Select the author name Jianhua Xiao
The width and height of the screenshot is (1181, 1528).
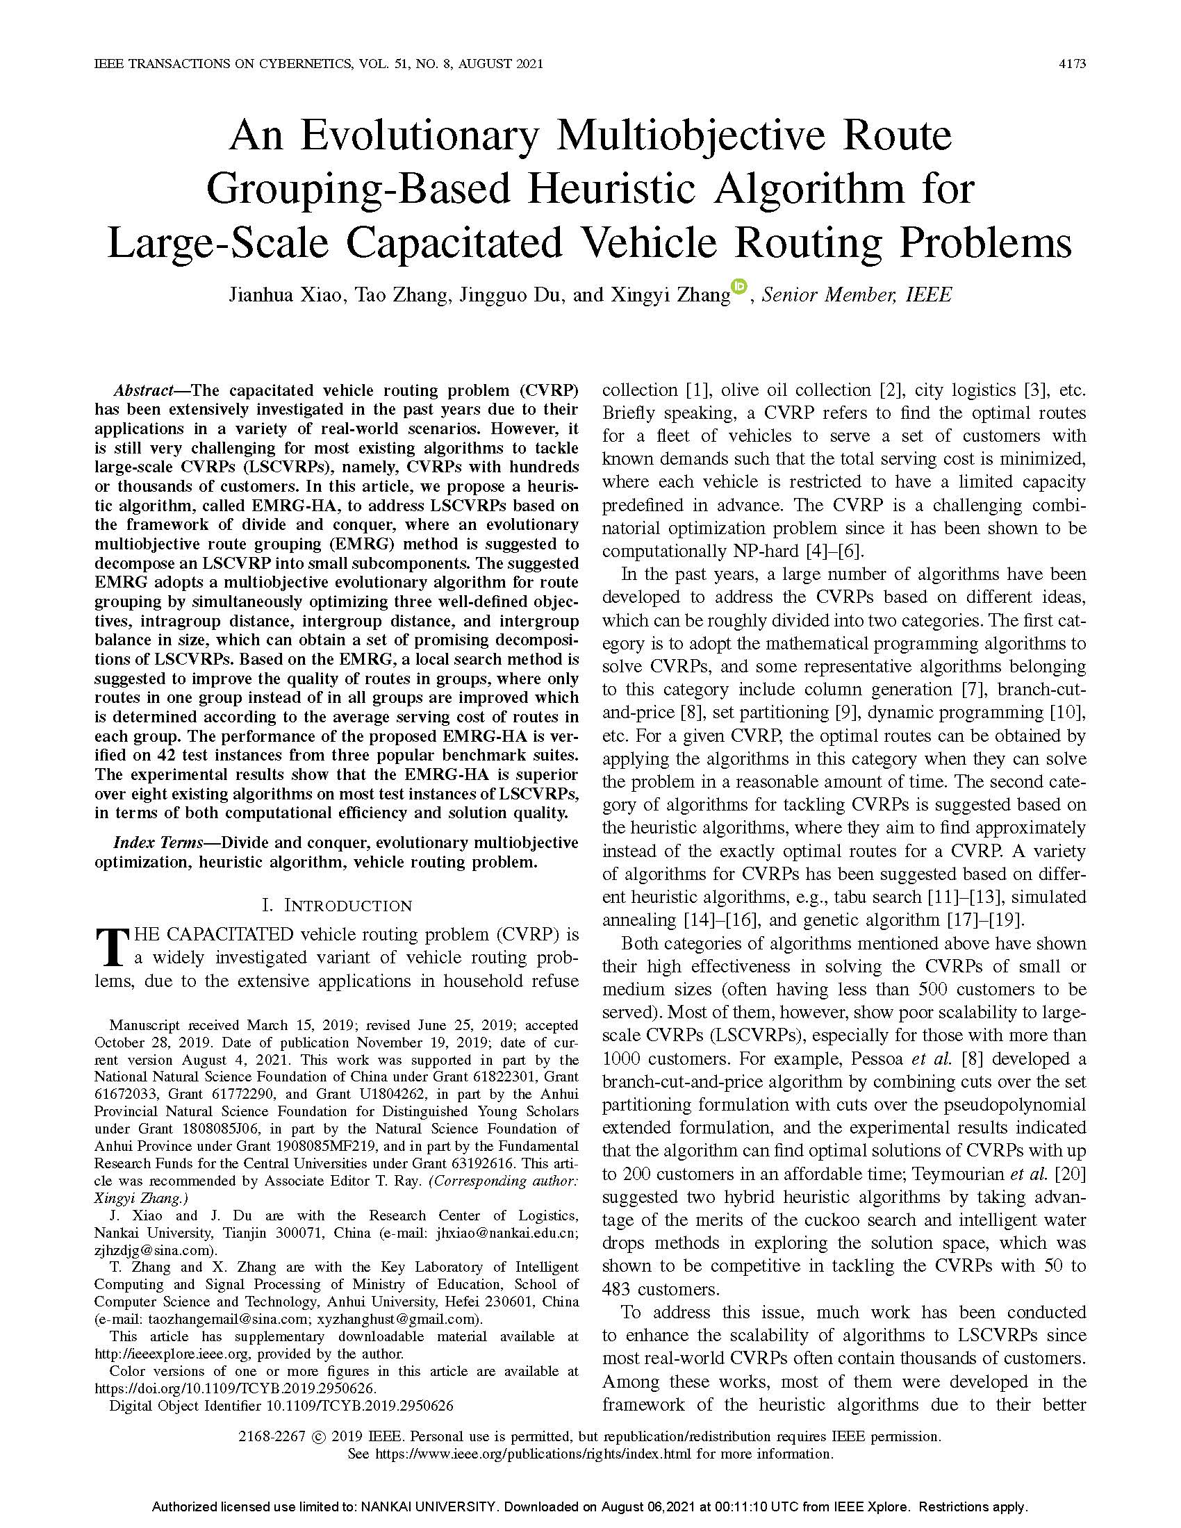click(286, 295)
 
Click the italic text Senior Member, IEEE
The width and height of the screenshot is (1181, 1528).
click(857, 295)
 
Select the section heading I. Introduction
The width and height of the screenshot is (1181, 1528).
click(336, 905)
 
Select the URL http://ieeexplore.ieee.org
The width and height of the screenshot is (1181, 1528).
click(175, 1354)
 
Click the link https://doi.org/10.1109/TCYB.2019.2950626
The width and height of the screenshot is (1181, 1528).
click(235, 1388)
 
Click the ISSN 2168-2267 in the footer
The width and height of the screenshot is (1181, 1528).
click(272, 1436)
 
